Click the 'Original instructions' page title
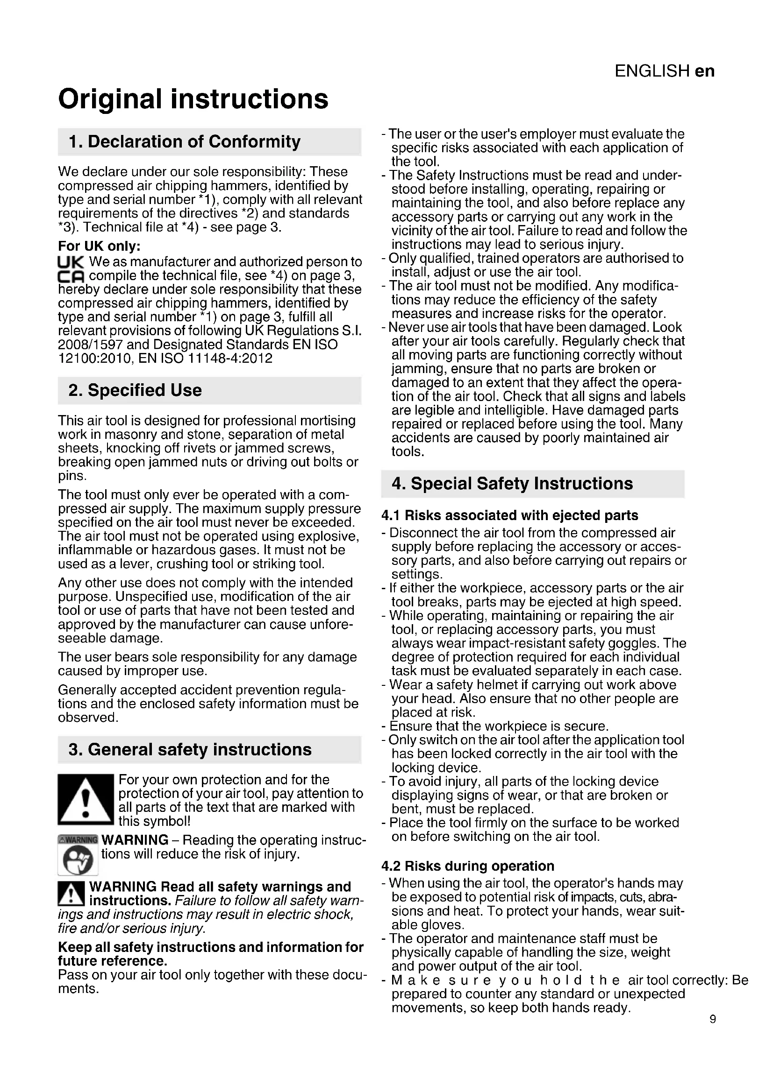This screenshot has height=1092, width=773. coord(193,99)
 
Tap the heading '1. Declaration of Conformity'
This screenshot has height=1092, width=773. coord(185,142)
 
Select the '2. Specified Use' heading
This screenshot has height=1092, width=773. coord(135,390)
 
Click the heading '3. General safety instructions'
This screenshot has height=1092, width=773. coord(190,750)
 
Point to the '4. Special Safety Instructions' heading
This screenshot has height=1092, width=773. coord(512,484)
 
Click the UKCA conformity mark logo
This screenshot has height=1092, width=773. coord(71,269)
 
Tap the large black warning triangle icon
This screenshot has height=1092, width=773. coord(86,800)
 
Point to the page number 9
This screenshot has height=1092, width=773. coord(713,1019)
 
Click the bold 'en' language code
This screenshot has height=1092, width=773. coord(704,71)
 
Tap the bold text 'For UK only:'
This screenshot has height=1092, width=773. coord(100,247)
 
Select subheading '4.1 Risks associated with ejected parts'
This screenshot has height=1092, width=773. coord(510,515)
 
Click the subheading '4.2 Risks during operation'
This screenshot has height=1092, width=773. coord(468,866)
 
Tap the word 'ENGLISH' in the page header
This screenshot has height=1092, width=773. coord(651,71)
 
